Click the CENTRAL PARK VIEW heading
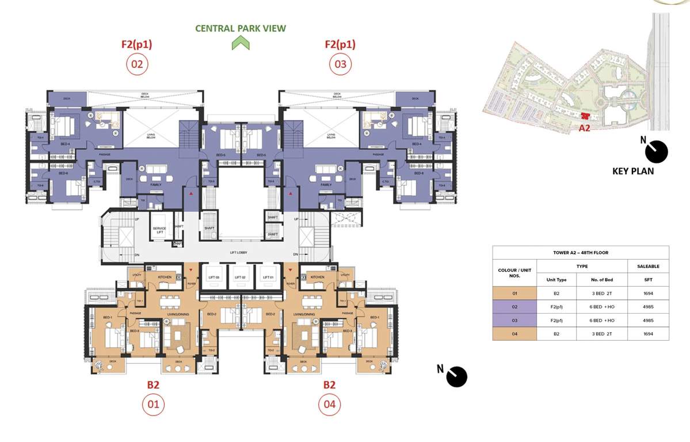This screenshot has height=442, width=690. click(240, 28)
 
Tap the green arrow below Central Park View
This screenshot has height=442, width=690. click(241, 43)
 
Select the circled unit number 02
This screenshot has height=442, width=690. click(137, 64)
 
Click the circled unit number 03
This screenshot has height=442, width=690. click(340, 64)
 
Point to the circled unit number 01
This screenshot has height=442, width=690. click(153, 405)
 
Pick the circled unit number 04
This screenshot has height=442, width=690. click(329, 405)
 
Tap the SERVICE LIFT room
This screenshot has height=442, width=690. click(159, 228)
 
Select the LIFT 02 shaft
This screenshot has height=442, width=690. click(241, 277)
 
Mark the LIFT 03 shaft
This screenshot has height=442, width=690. click(214, 277)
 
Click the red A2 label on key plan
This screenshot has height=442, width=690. click(585, 128)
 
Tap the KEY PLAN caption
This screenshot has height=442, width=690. click(633, 171)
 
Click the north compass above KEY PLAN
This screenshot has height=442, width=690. click(657, 152)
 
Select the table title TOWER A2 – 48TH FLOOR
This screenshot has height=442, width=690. click(580, 253)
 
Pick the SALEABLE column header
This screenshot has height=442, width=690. click(648, 266)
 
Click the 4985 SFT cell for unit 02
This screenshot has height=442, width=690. click(648, 307)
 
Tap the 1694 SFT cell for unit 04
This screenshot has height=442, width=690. click(648, 333)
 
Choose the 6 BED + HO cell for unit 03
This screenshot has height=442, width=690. click(601, 320)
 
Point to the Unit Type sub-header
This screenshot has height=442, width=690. click(556, 280)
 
